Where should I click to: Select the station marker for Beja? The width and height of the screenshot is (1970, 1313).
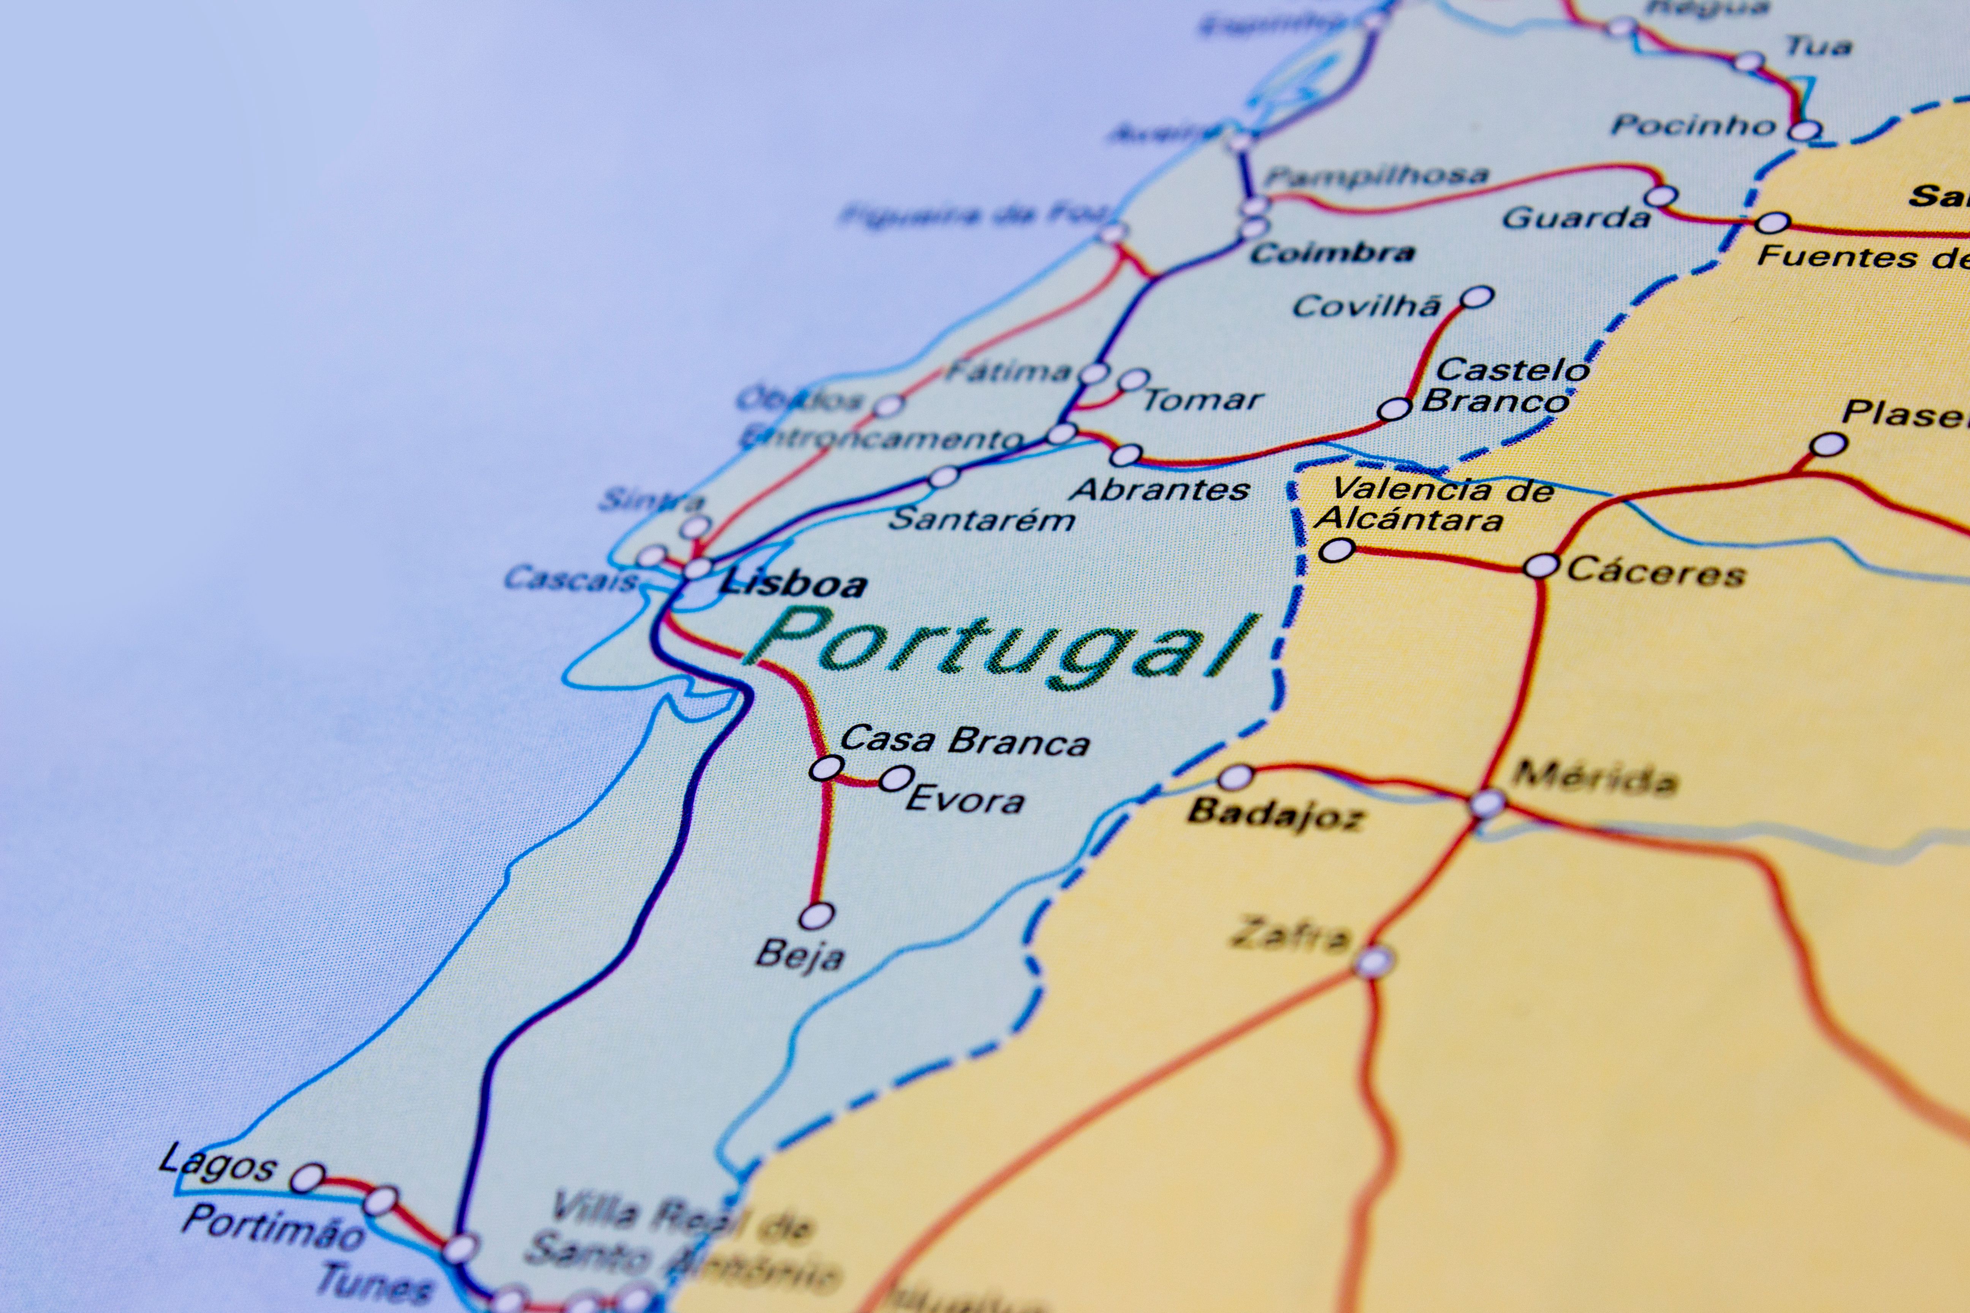817,916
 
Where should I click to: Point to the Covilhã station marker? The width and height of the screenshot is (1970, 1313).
1477,296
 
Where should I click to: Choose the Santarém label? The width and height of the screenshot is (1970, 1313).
982,519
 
